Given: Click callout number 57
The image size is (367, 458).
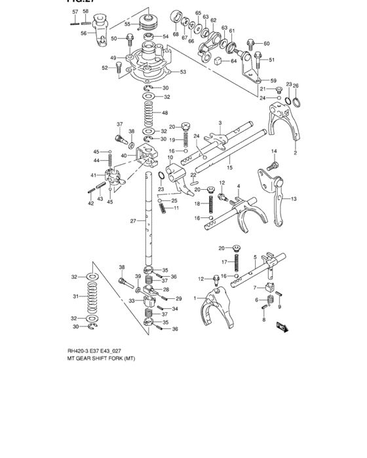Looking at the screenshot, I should (x=75, y=12).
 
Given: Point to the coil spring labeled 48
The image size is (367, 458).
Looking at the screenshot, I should (x=148, y=113).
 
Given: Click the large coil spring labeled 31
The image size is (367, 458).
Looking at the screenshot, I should (x=92, y=298).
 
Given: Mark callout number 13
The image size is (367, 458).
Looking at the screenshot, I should (x=294, y=198).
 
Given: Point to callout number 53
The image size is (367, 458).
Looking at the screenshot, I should (x=183, y=72).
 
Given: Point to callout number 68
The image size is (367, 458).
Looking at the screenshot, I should (x=176, y=33).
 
